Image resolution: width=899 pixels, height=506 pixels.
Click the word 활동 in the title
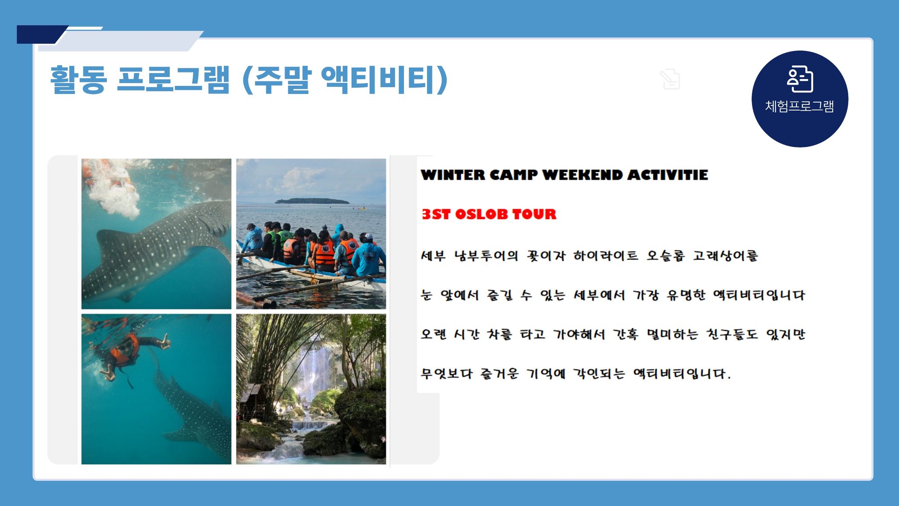[78, 80]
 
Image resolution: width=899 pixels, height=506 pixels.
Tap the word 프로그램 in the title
[173, 80]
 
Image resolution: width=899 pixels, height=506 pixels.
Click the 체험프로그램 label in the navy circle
[800, 106]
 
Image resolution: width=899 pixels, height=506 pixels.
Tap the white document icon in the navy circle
[800, 79]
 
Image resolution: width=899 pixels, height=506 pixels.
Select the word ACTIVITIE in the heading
[668, 175]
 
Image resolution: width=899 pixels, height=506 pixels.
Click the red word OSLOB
[481, 214]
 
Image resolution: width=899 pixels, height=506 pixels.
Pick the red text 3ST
[436, 214]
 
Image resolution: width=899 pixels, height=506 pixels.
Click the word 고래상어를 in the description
[725, 256]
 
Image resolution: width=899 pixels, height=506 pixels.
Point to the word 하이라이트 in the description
[605, 256]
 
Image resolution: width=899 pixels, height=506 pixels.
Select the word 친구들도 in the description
[732, 334]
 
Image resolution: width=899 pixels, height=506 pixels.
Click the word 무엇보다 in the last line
[447, 373]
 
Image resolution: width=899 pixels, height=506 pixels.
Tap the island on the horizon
[312, 201]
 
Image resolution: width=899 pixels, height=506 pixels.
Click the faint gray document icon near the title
[670, 79]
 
